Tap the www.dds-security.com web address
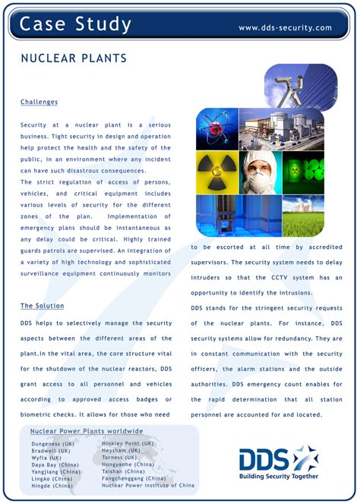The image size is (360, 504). tap(285, 28)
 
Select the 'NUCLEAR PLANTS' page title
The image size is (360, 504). tap(73, 58)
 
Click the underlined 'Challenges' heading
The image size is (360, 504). tap(39, 102)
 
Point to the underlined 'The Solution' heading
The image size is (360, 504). tap(42, 306)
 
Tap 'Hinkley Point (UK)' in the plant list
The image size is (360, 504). tap(128, 443)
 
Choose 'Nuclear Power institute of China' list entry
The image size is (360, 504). tap(147, 485)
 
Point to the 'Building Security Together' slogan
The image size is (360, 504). tap(279, 477)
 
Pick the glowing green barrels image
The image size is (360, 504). tap(303, 171)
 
